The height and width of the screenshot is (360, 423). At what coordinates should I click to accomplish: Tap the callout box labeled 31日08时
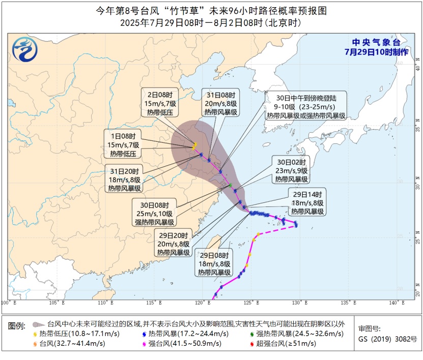220,104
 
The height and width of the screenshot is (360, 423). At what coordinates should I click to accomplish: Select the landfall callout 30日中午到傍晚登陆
306,106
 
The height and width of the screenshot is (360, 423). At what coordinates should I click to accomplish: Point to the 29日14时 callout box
307,202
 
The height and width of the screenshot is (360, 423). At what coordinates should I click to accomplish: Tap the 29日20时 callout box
174,244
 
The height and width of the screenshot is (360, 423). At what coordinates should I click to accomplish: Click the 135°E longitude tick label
348,303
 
